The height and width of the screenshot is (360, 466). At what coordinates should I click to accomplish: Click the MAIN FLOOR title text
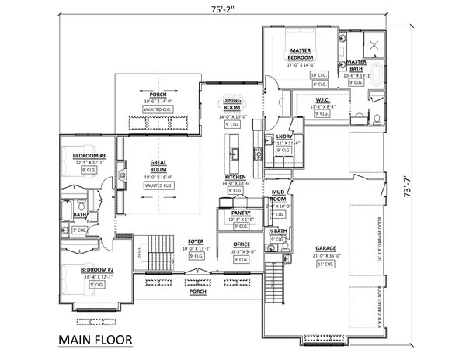point(94,339)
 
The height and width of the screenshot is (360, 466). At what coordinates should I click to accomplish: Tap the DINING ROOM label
point(231,102)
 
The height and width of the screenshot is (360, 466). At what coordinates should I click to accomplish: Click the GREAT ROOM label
point(158,165)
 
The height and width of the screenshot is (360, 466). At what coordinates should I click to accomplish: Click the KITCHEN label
point(236,177)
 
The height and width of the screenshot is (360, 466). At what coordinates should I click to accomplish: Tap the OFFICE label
point(240,245)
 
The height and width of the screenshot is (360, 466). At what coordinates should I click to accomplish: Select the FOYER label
point(196,242)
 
